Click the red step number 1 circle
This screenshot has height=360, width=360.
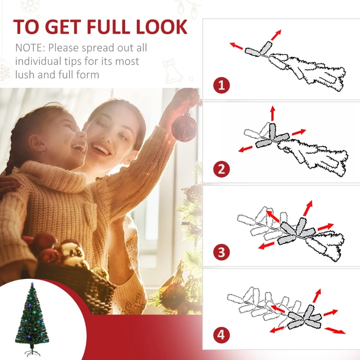(221, 85)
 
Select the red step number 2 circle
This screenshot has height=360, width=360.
(221, 169)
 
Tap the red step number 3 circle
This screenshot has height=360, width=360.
(221, 252)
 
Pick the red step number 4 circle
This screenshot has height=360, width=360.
(221, 335)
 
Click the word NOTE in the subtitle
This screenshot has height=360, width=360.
(29, 48)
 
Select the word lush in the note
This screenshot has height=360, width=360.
(26, 74)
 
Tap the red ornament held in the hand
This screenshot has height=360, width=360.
(184, 127)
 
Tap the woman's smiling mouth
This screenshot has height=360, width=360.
(101, 150)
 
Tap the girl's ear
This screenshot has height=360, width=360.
(38, 143)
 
